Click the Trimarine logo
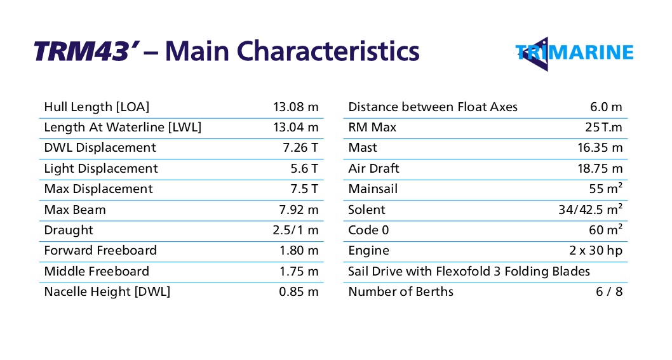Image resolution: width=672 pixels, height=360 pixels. (x=574, y=52)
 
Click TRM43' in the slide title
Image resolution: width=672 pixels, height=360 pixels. (x=86, y=51)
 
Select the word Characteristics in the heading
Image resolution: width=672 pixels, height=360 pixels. (x=330, y=51)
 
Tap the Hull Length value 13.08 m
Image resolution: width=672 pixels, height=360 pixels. (x=295, y=107)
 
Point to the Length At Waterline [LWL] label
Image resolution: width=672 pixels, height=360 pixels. (x=123, y=128)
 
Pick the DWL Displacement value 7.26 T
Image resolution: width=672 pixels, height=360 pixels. (x=300, y=148)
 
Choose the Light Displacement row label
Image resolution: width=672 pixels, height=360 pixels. (x=101, y=169)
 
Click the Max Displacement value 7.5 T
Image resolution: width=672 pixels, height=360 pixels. (x=304, y=189)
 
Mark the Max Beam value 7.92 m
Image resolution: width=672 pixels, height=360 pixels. (x=299, y=210)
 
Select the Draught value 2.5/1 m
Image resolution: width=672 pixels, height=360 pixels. (x=295, y=230)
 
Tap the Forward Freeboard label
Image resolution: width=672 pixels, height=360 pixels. (x=100, y=251)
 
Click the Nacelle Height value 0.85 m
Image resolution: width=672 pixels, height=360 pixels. (x=299, y=292)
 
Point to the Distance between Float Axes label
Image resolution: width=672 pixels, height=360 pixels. (x=433, y=107)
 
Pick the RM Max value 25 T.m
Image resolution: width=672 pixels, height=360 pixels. (x=603, y=128)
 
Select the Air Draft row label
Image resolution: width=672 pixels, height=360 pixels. (x=373, y=169)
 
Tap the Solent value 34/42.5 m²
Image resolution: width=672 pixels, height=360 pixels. (x=590, y=210)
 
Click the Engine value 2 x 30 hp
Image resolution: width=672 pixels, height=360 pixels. (x=596, y=251)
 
